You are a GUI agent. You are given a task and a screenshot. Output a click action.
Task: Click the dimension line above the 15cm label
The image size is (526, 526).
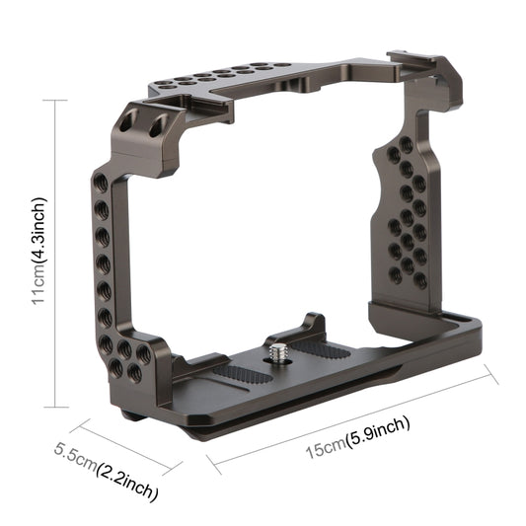click(350, 413)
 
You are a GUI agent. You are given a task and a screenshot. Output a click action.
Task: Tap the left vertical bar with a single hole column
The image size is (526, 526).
click(103, 257)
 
